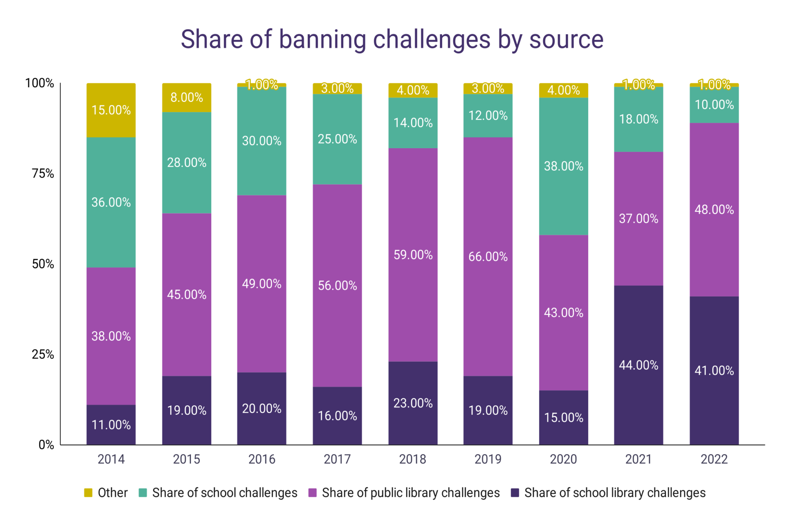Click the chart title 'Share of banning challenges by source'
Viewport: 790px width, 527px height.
tap(392, 39)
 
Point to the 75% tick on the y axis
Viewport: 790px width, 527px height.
tap(43, 174)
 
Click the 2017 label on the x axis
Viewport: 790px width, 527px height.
tap(337, 459)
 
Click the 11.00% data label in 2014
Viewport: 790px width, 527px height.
tap(111, 425)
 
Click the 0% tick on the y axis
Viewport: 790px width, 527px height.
tap(46, 445)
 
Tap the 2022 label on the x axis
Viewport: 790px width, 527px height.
tap(714, 459)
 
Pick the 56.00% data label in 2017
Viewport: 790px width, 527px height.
tap(337, 286)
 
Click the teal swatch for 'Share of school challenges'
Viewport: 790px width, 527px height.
tap(143, 493)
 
